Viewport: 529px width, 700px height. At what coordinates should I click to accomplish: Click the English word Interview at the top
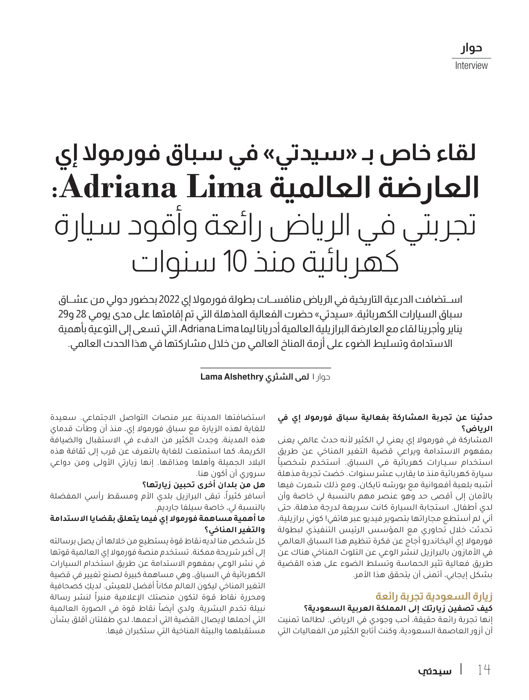pos(471,65)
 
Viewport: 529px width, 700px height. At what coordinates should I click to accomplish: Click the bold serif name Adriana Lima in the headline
pos(161,188)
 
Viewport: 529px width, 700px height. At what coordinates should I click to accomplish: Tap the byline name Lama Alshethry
pos(232,377)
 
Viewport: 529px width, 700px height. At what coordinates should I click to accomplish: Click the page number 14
pos(483,670)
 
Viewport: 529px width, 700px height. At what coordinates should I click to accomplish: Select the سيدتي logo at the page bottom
pos(434,671)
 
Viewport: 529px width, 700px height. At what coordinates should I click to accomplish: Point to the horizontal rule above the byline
pos(265,368)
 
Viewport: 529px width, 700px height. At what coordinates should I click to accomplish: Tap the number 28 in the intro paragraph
pos(81,314)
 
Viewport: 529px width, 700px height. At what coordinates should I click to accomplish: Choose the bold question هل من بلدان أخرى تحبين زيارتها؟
pos(203,485)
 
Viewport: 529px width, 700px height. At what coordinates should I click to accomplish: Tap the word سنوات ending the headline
pos(174,261)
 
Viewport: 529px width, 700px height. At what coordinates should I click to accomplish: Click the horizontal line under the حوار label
pos(471,58)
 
